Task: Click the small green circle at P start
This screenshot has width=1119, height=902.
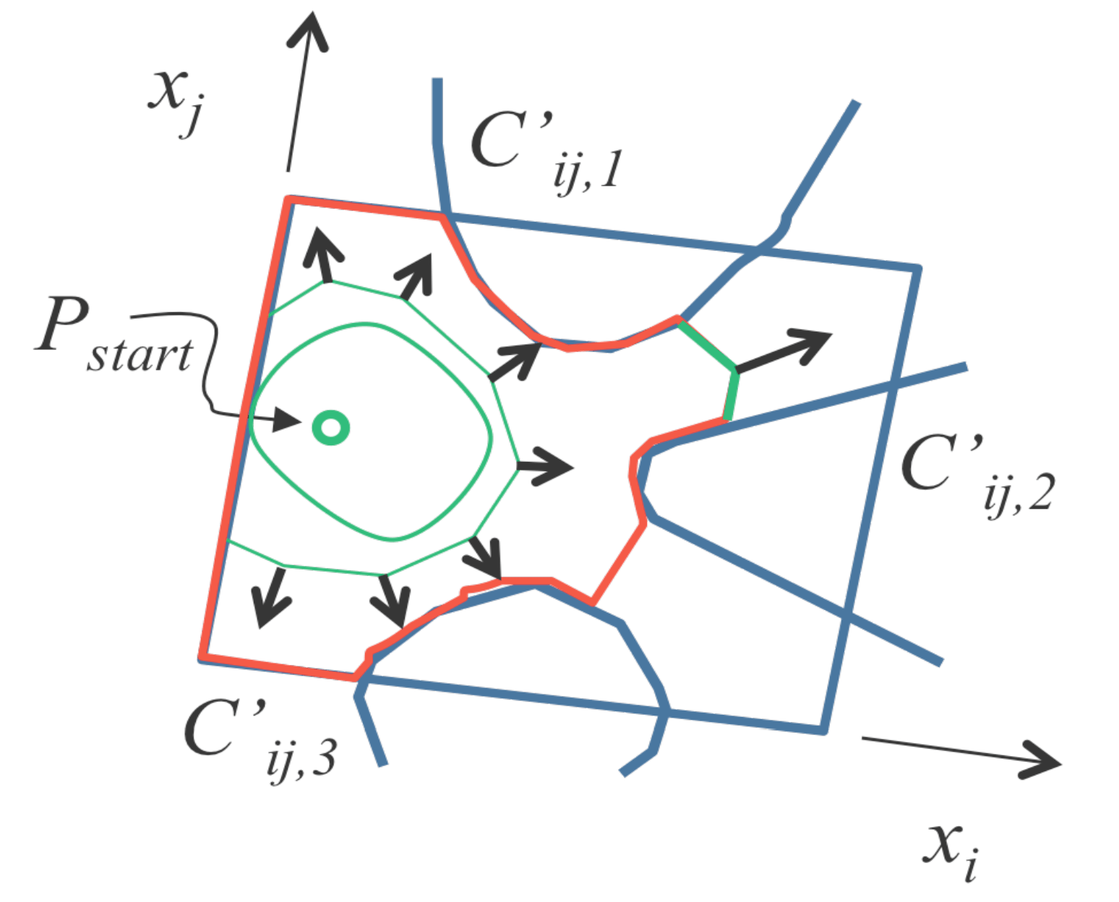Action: [x=330, y=427]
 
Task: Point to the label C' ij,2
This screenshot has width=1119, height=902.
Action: [x=976, y=473]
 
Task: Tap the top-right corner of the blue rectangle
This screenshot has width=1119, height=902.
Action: [x=917, y=269]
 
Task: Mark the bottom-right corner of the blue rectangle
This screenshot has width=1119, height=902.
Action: [x=823, y=731]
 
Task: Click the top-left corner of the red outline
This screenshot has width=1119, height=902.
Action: [x=289, y=198]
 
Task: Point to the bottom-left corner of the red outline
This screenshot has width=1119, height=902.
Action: [x=203, y=657]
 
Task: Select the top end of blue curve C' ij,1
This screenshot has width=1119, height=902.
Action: [x=437, y=81]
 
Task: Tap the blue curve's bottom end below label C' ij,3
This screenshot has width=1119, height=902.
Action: [x=382, y=762]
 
